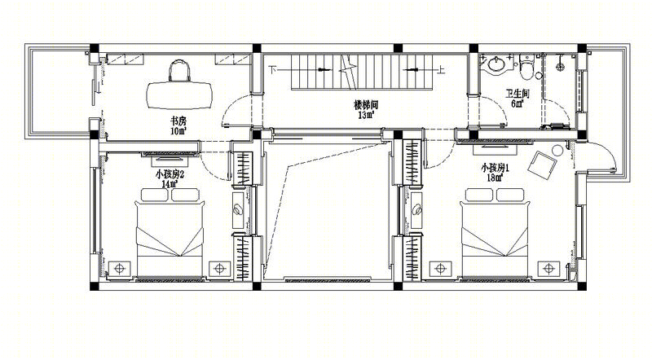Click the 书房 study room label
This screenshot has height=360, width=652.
[178, 121]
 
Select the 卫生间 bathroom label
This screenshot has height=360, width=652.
[517, 94]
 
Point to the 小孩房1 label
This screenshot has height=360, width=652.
[496, 168]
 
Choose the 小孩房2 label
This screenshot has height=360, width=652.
[170, 173]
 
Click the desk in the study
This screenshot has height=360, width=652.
[179, 95]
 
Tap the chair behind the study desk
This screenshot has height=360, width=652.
[179, 70]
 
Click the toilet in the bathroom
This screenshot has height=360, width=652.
[526, 67]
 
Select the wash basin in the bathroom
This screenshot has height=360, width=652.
[496, 64]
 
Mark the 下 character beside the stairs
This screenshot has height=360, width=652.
[272, 69]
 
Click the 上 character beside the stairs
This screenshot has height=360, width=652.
[441, 69]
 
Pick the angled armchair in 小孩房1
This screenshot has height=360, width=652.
[542, 165]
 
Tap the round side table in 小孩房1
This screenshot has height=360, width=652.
[557, 150]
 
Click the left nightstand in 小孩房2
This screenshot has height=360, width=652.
[120, 269]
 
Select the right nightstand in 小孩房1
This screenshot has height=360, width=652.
[548, 269]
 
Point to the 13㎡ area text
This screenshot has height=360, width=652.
[366, 115]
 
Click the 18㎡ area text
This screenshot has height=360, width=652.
[495, 178]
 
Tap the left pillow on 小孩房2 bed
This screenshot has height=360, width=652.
[154, 195]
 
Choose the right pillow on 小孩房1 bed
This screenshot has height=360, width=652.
[510, 195]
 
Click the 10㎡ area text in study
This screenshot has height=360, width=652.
[178, 131]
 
